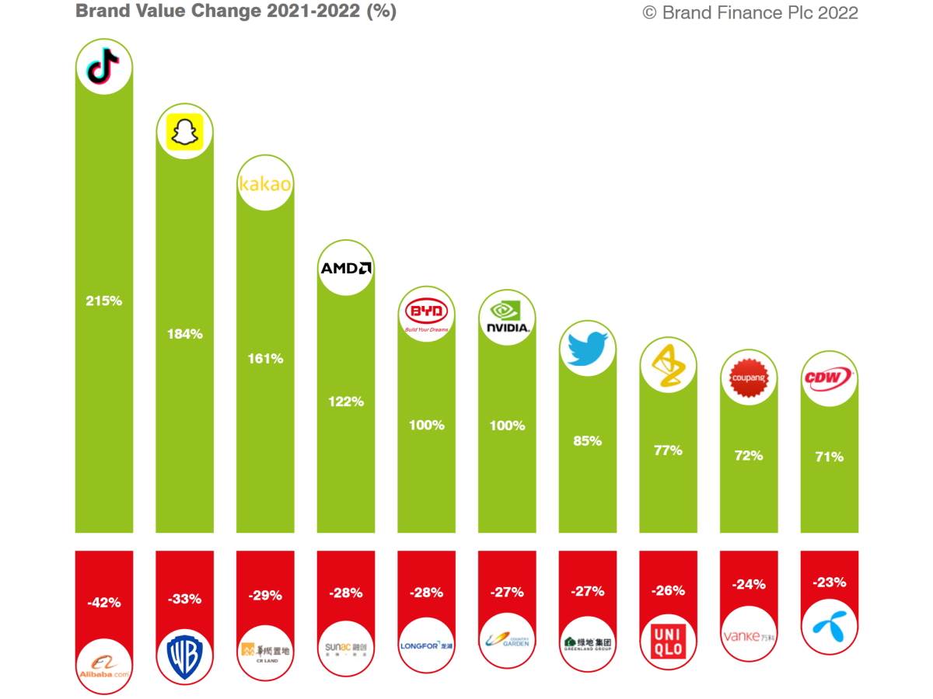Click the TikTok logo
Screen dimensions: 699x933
[103, 67]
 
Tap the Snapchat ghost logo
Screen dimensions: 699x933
[184, 131]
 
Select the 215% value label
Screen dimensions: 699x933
[103, 301]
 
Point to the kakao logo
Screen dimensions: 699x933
[265, 185]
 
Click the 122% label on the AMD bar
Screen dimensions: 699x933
[346, 402]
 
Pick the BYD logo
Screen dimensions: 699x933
[427, 315]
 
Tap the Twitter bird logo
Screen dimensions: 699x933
[588, 348]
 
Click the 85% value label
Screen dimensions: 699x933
[588, 440]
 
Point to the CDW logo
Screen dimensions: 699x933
[829, 379]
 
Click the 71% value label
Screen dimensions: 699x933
[829, 457]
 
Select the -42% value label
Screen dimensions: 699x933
[103, 602]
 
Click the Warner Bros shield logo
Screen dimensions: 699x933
[184, 657]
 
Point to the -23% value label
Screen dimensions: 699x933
[829, 582]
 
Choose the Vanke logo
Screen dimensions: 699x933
[749, 637]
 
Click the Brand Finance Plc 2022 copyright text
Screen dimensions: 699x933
[750, 12]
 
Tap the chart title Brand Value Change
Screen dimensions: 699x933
[236, 11]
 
